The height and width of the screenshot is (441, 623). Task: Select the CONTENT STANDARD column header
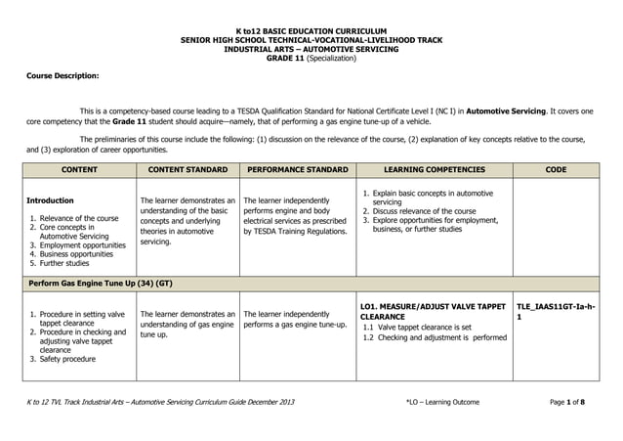(x=186, y=170)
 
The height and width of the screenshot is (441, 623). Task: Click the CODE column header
(x=556, y=170)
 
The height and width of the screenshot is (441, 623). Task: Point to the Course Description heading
(x=62, y=74)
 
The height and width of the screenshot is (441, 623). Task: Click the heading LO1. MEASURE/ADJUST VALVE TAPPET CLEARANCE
(x=433, y=311)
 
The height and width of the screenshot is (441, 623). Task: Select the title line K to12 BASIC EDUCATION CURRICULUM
(x=311, y=31)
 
